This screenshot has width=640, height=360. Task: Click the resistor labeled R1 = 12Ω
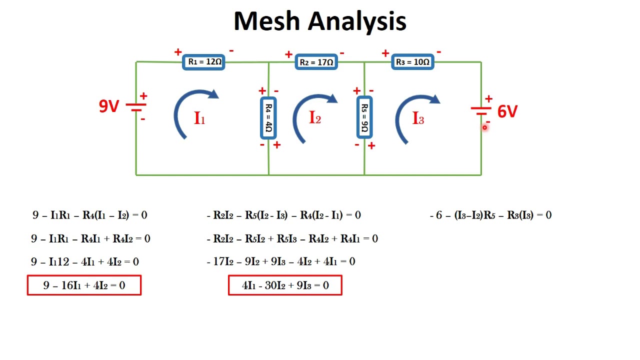pos(203,62)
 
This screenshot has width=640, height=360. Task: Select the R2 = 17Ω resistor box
pos(316,62)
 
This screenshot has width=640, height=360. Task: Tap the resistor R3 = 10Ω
pos(412,62)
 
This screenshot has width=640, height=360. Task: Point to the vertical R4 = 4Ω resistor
pos(268,117)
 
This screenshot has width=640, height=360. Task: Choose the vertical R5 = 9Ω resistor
pos(364,117)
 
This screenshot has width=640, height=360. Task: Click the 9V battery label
pos(108,106)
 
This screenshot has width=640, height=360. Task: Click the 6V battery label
pos(507,111)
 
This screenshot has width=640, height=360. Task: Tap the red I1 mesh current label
pos(199,118)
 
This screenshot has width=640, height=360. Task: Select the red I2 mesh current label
pos(315,118)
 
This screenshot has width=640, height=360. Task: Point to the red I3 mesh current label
pos(418,118)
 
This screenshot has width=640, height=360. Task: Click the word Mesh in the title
pos(266,21)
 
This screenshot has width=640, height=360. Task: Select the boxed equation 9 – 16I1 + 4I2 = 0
pos(84,285)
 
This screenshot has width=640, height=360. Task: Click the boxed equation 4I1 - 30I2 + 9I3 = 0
pos(285,285)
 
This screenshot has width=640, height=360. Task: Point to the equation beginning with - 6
pos(490,215)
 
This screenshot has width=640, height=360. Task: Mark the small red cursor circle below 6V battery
pos(484,127)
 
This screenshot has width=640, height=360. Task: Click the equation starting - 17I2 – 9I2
pos(280,261)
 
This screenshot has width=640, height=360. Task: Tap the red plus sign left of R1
pos(178,52)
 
